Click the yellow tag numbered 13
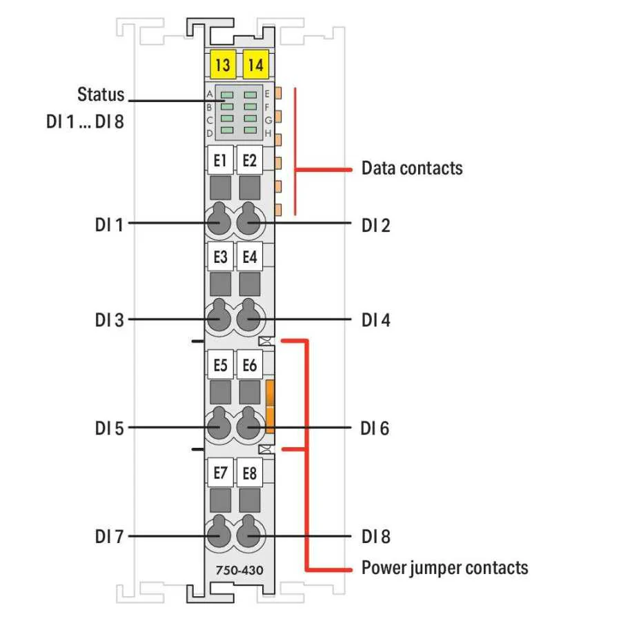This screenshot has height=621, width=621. pos(222,66)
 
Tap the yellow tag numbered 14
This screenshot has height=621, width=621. pos(255,66)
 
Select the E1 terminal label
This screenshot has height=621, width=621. pos(221,161)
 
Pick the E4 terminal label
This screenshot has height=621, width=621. pos(250,257)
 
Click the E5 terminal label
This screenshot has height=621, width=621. pos(221,365)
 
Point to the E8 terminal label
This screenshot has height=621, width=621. pos(250,473)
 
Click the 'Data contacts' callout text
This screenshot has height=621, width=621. pos(412,168)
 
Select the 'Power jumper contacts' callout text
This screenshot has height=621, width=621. pos(444,568)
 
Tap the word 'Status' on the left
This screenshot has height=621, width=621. pos(101,94)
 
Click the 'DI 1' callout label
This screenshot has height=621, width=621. pos(109,224)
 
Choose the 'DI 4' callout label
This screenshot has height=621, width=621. pos(375,320)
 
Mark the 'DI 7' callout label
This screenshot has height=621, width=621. pos(109,536)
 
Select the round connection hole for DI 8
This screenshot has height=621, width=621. pos(249,535)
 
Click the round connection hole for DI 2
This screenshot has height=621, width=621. pos(249,223)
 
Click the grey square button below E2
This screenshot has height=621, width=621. pos(250,188)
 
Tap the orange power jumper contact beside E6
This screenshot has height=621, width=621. pos(270,406)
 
